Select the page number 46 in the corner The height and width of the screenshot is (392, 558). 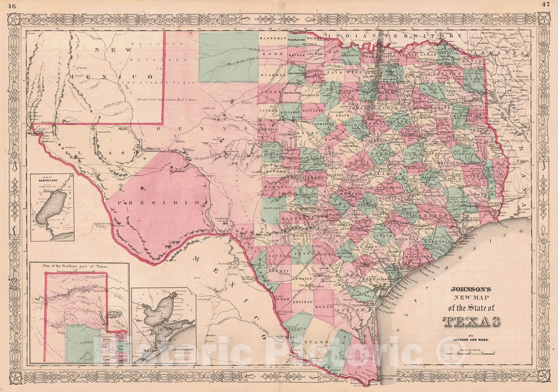12,5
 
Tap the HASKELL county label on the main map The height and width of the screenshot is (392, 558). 269,75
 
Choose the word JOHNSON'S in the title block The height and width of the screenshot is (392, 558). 467,289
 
